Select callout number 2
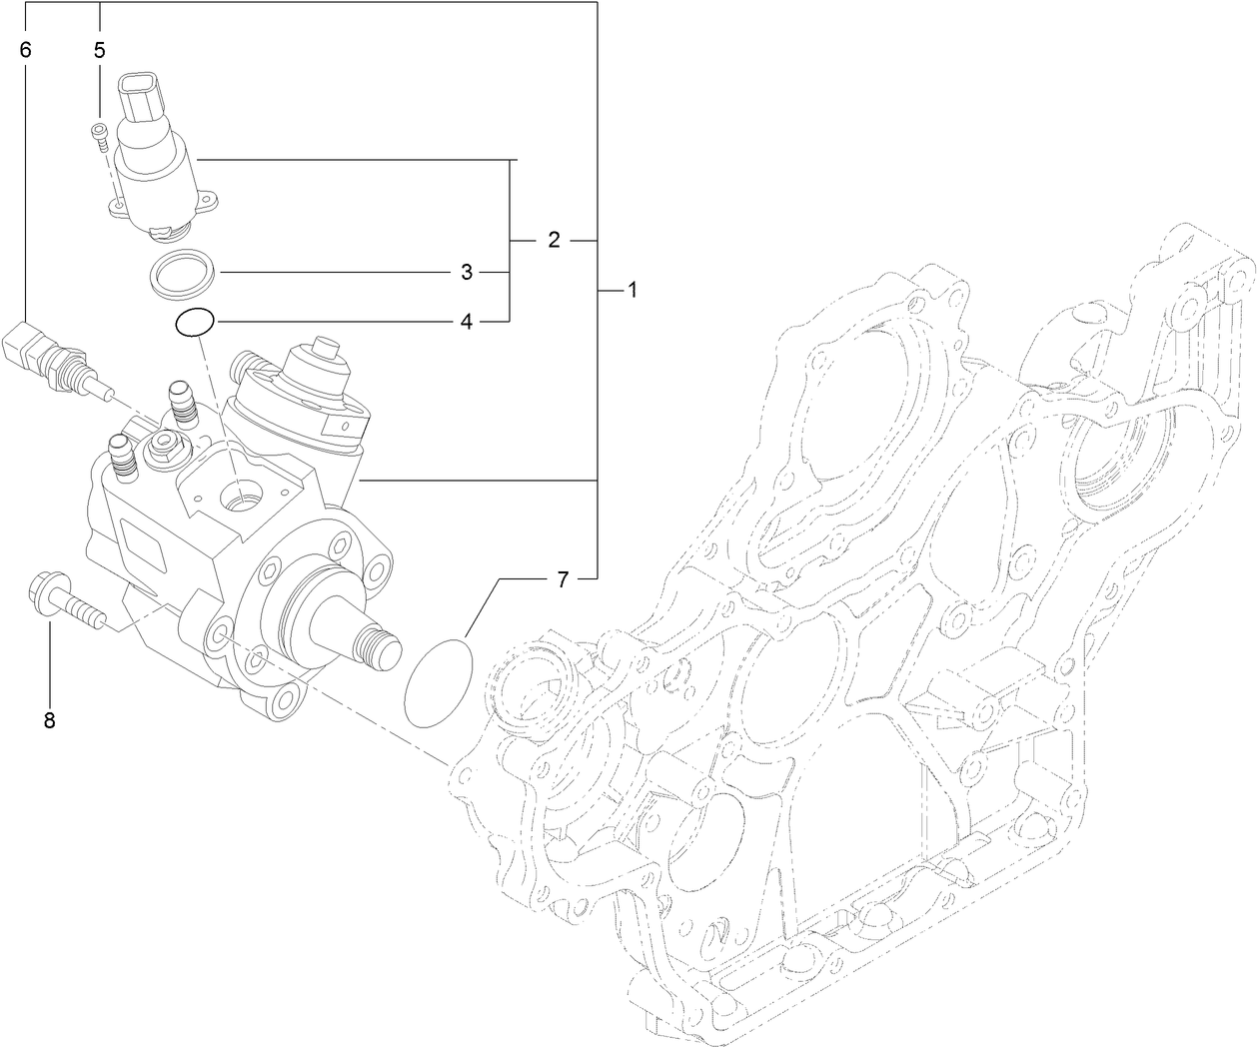click(x=554, y=241)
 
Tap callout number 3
click(x=466, y=272)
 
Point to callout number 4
click(x=466, y=322)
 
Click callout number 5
click(x=100, y=50)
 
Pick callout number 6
click(x=26, y=50)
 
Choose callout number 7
click(x=562, y=578)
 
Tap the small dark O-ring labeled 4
click(x=193, y=322)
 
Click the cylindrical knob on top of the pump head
click(x=325, y=350)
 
